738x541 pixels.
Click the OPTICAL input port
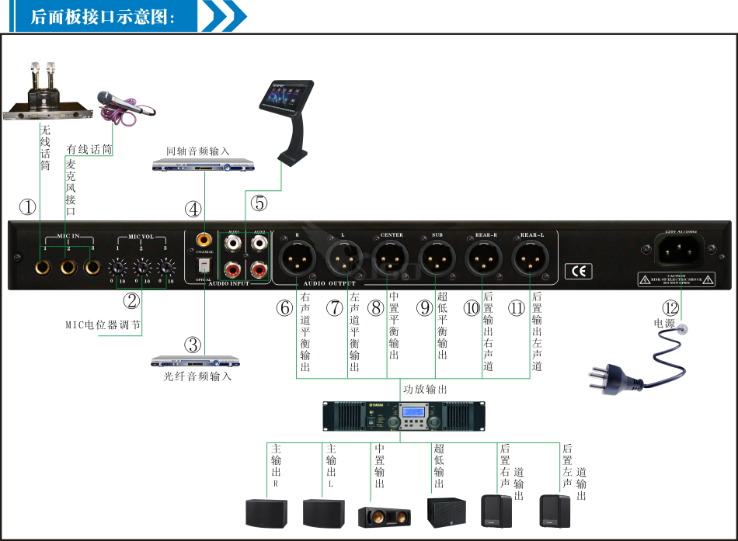pyautogui.click(x=204, y=265)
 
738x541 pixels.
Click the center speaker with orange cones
pyautogui.click(x=384, y=516)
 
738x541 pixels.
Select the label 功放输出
pyautogui.click(x=425, y=390)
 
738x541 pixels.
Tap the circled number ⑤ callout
pyautogui.click(x=259, y=203)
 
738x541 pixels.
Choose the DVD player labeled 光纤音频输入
pyautogui.click(x=195, y=361)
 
